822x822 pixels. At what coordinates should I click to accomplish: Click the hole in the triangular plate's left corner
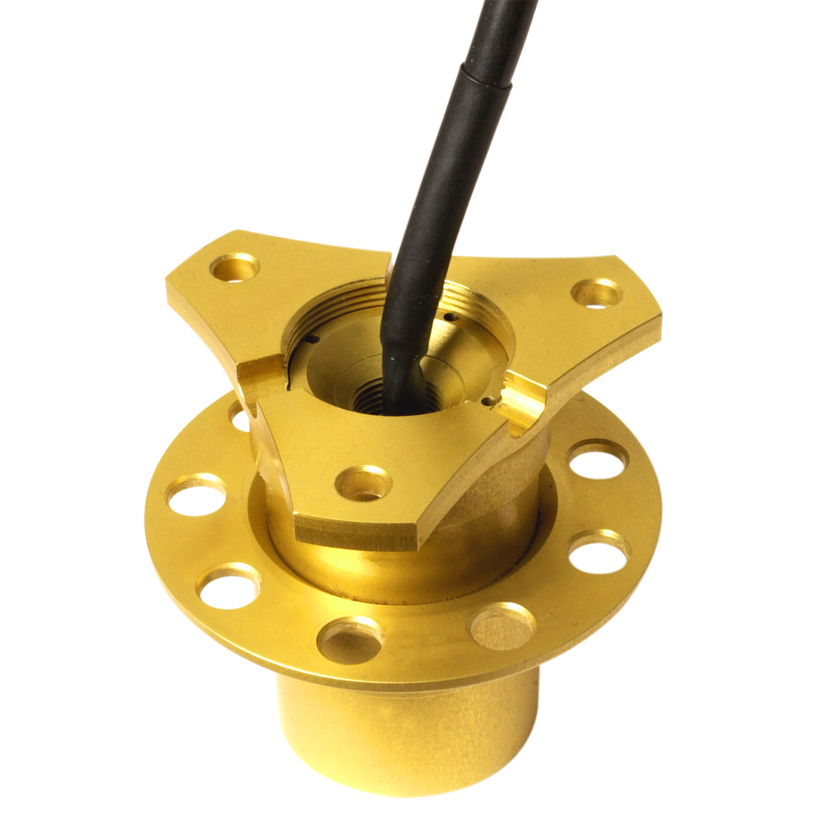[x=235, y=267]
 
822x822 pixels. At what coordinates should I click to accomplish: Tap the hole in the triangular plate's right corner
[x=597, y=293]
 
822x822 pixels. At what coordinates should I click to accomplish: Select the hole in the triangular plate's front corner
[x=363, y=483]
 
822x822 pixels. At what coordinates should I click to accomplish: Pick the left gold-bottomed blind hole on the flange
[x=349, y=640]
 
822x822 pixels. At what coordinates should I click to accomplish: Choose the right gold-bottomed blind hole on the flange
[x=503, y=626]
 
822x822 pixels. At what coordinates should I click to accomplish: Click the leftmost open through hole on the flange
[x=196, y=496]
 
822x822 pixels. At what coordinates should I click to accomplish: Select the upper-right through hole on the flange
[x=598, y=460]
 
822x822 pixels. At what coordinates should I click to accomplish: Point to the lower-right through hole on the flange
[x=598, y=552]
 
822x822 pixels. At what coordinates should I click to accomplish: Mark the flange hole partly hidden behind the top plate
[x=239, y=418]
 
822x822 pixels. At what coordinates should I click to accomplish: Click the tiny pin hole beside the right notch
[x=490, y=401]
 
